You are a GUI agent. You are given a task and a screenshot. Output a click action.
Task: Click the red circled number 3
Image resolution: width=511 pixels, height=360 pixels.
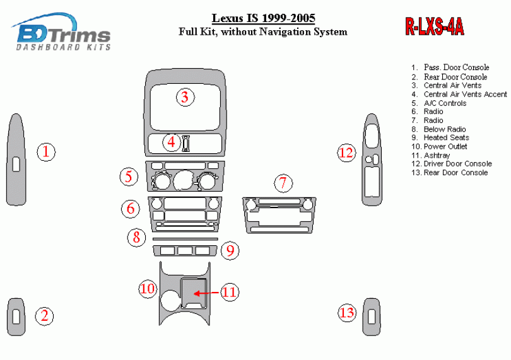(184, 97)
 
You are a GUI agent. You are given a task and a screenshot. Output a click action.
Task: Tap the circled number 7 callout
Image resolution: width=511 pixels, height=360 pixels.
(283, 183)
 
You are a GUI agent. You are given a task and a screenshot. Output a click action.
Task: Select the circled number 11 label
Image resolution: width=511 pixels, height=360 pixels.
(229, 292)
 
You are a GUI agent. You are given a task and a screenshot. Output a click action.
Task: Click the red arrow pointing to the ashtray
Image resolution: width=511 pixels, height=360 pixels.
(206, 293)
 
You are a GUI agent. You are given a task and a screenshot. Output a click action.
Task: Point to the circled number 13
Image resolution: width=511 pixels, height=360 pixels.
(346, 312)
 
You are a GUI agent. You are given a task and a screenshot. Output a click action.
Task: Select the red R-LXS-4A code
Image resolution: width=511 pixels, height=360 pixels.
(434, 26)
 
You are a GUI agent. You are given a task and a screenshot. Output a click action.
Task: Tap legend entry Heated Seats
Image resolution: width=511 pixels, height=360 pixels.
(446, 137)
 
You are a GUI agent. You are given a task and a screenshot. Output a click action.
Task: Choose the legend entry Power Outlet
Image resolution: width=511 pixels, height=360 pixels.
(446, 146)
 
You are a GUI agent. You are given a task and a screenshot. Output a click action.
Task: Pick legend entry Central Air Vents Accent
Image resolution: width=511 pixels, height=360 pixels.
(464, 94)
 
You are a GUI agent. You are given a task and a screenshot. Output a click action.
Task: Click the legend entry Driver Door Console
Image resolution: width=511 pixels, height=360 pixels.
(457, 163)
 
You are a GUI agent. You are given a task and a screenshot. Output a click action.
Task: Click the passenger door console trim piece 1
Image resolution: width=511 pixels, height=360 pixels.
(16, 160)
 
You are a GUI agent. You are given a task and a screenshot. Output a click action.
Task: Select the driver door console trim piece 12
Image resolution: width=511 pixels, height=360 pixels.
(372, 160)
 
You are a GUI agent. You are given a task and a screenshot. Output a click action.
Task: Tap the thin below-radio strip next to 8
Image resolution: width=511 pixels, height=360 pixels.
(185, 240)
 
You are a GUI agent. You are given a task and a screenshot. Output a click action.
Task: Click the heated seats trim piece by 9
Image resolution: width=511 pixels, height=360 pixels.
(185, 252)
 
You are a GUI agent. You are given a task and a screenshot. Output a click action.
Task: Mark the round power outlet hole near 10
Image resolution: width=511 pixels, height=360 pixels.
(170, 299)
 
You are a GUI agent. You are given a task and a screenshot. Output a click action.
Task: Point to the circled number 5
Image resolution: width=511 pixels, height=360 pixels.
(129, 177)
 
